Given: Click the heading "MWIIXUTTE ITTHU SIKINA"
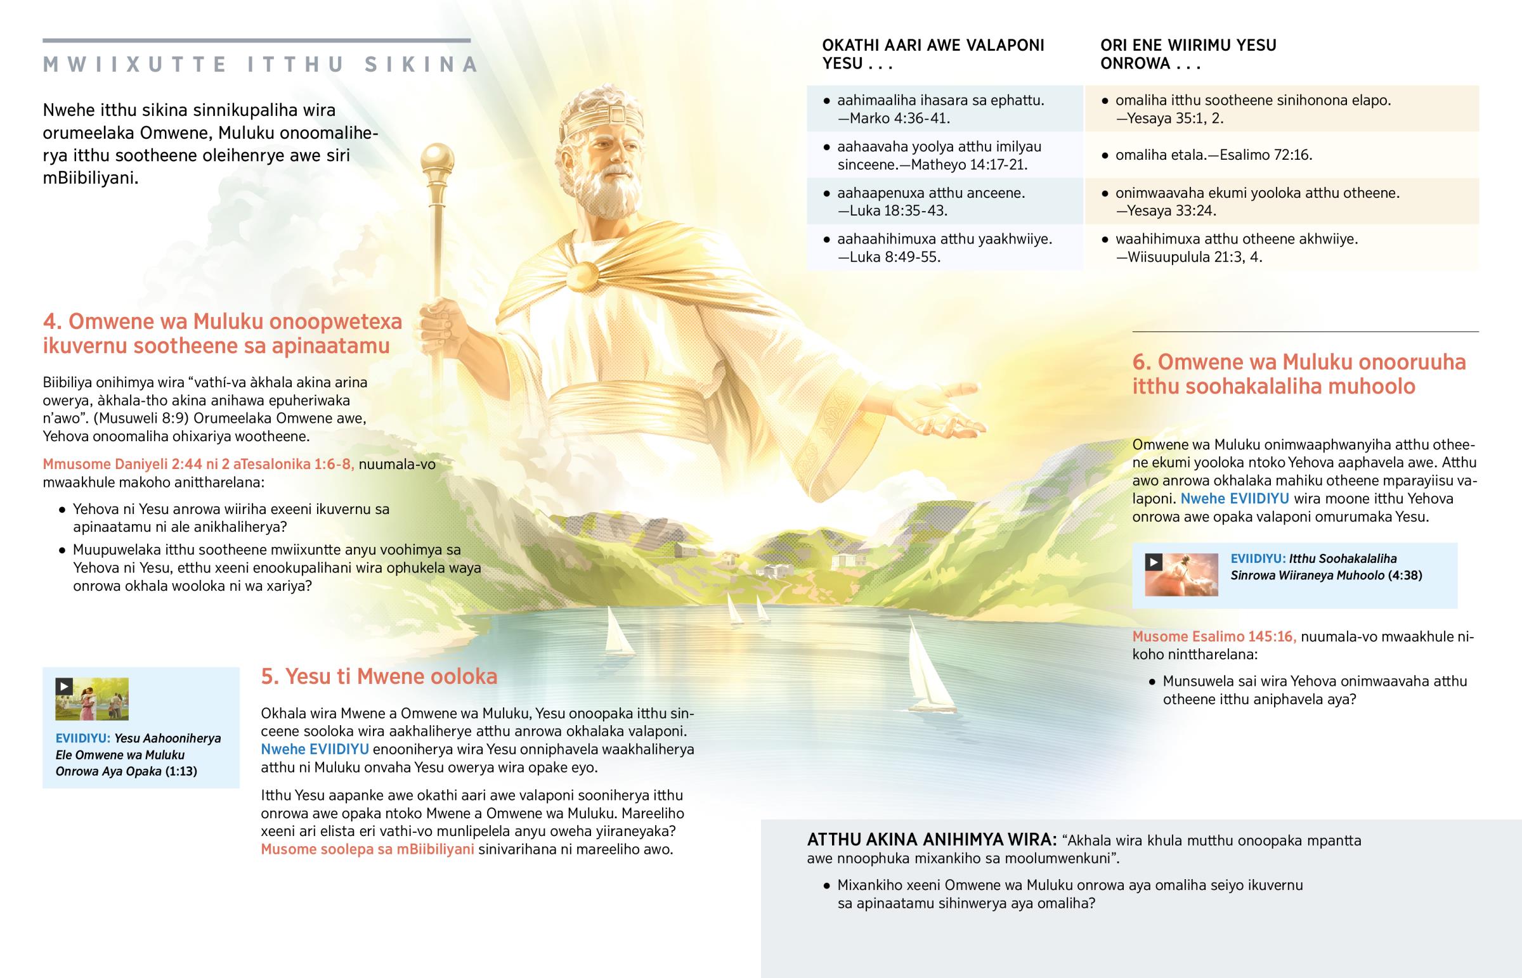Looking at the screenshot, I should tap(261, 65).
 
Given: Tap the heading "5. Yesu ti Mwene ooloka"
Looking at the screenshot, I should tap(379, 677).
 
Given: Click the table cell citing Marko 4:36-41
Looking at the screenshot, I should tap(944, 108).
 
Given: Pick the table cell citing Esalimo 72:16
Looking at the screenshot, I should tap(1280, 155).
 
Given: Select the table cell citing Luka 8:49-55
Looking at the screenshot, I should tap(944, 248).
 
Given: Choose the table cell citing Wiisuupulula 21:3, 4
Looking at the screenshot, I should tap(1280, 248).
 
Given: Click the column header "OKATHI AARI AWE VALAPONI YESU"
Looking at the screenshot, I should tap(932, 54).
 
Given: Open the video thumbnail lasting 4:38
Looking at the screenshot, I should tap(1181, 575).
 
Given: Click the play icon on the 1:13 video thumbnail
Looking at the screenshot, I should tap(63, 686).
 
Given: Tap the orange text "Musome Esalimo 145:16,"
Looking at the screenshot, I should tap(1214, 636).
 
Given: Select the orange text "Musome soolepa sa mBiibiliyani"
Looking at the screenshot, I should tap(367, 850).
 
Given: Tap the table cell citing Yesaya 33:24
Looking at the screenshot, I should tap(1280, 202).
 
